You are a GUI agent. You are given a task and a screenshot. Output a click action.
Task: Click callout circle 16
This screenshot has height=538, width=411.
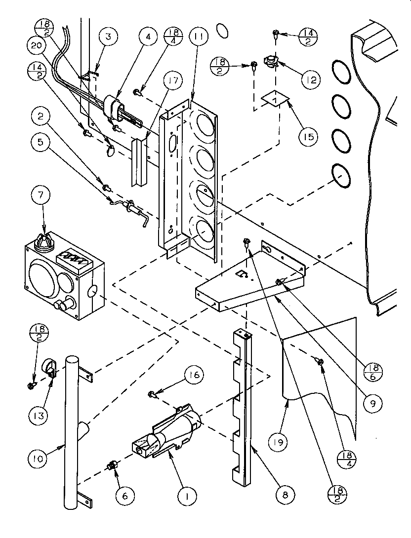click(194, 376)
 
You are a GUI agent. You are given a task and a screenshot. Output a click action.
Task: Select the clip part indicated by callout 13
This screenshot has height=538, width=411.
click(49, 368)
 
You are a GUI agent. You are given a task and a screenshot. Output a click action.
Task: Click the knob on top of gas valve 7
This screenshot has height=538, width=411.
click(45, 241)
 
